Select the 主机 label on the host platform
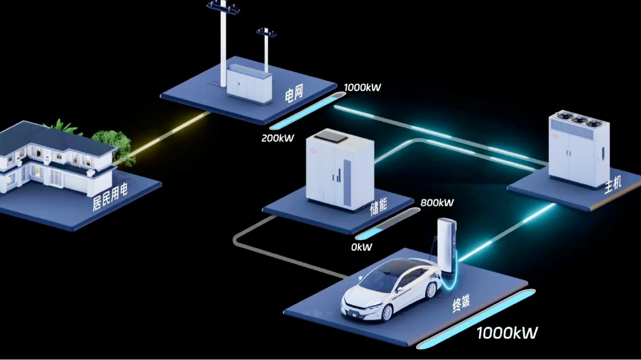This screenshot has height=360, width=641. click(x=613, y=185)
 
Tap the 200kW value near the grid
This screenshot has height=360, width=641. click(x=277, y=138)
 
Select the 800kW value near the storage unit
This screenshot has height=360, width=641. click(x=437, y=203)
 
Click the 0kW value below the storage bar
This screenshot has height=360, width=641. click(x=362, y=247)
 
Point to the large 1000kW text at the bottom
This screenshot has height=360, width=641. click(x=507, y=332)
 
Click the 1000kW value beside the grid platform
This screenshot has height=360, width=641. click(x=363, y=88)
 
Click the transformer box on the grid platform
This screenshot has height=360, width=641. click(x=249, y=86)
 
